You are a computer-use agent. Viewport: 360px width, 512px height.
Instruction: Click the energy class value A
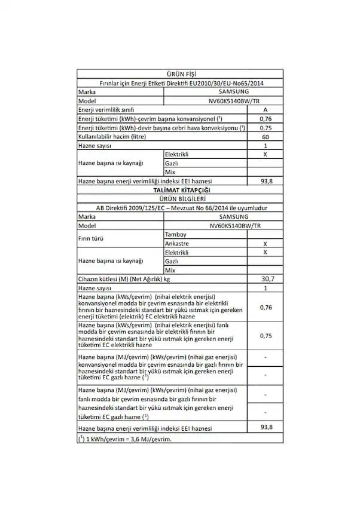pos(265,110)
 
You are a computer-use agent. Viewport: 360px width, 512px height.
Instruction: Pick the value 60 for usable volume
pos(265,137)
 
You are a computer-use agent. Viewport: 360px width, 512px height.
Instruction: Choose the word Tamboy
pos(175,235)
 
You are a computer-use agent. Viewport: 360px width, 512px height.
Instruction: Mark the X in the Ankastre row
pos(265,244)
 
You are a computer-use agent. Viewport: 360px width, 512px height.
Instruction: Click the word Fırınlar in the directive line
pos(110,83)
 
